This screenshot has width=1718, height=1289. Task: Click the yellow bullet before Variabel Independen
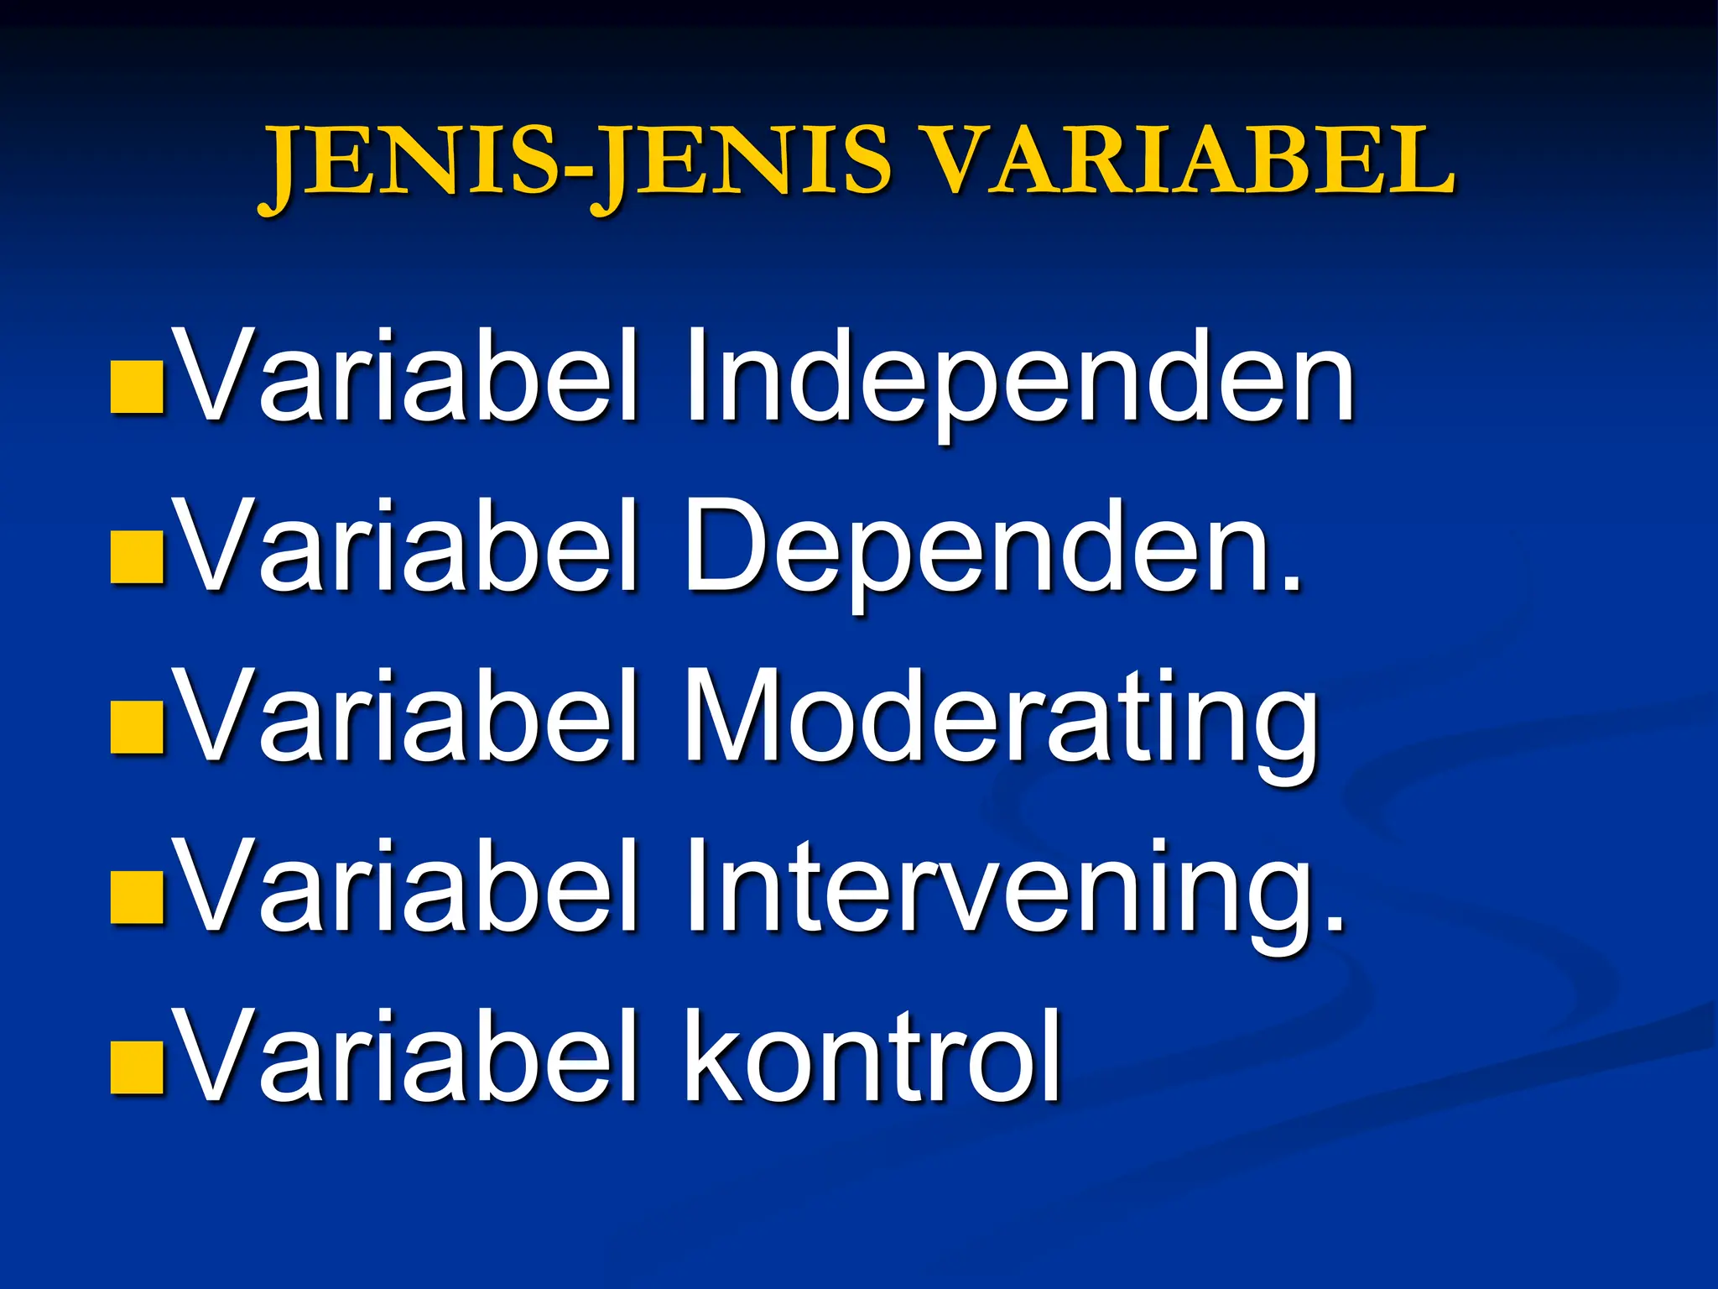coord(136,388)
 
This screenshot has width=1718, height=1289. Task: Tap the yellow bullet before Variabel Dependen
coord(136,557)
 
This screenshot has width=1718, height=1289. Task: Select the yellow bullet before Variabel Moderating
coord(136,727)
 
